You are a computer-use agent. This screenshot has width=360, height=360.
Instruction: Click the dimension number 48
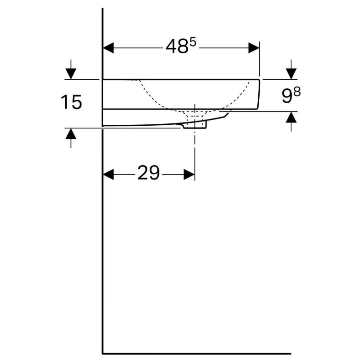[x=177, y=46]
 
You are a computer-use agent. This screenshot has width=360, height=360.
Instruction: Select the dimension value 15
[x=71, y=102]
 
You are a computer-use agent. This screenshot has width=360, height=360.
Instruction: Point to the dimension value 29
[x=148, y=172]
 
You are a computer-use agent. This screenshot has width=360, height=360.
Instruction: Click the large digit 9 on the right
[x=287, y=96]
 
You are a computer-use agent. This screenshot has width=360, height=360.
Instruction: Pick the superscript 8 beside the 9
[x=297, y=92]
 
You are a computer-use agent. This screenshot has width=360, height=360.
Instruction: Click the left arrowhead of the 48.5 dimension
[x=108, y=48]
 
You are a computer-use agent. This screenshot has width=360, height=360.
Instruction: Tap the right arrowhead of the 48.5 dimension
[x=254, y=48]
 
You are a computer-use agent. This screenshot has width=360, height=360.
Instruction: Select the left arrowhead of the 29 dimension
[x=108, y=175]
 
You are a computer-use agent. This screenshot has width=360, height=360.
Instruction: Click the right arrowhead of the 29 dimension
[x=189, y=175]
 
